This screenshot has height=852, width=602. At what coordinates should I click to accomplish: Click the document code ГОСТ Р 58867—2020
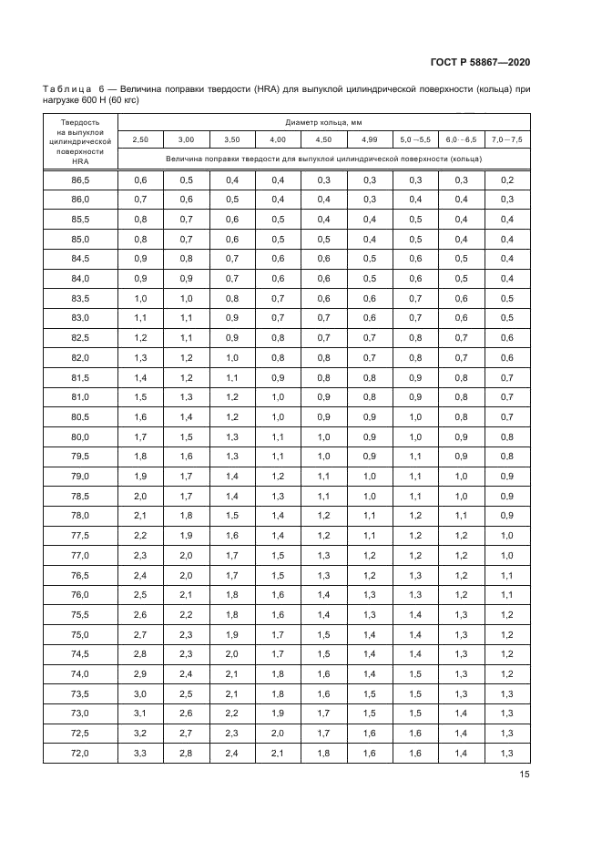tap(480, 62)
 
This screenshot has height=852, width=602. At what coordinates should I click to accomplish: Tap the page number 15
tap(525, 775)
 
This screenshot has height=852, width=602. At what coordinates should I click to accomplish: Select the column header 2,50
tap(140, 139)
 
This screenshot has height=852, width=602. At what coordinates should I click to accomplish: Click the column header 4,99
tap(369, 139)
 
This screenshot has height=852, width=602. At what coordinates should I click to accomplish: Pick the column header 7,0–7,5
tap(507, 139)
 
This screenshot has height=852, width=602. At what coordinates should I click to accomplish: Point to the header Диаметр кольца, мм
tap(323, 121)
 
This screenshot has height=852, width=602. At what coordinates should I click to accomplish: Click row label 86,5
tap(80, 180)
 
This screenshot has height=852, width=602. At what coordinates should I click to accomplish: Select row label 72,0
tap(80, 753)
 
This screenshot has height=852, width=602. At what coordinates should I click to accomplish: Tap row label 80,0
tap(80, 436)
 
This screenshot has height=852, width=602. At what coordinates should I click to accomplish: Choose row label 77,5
tap(80, 535)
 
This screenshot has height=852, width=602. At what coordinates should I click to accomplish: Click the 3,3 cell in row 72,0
tap(140, 753)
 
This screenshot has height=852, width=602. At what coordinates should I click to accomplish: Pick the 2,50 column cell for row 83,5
tap(140, 298)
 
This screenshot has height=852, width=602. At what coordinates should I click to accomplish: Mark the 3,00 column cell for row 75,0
tap(186, 634)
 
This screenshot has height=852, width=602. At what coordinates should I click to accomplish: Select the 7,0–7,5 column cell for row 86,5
tap(507, 180)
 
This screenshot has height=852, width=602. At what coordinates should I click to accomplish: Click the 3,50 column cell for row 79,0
tap(231, 476)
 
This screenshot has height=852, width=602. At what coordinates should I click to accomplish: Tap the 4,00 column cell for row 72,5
tap(278, 733)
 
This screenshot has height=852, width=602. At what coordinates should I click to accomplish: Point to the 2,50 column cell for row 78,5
tap(140, 496)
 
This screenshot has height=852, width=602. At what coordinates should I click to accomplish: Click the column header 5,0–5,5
tap(415, 139)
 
